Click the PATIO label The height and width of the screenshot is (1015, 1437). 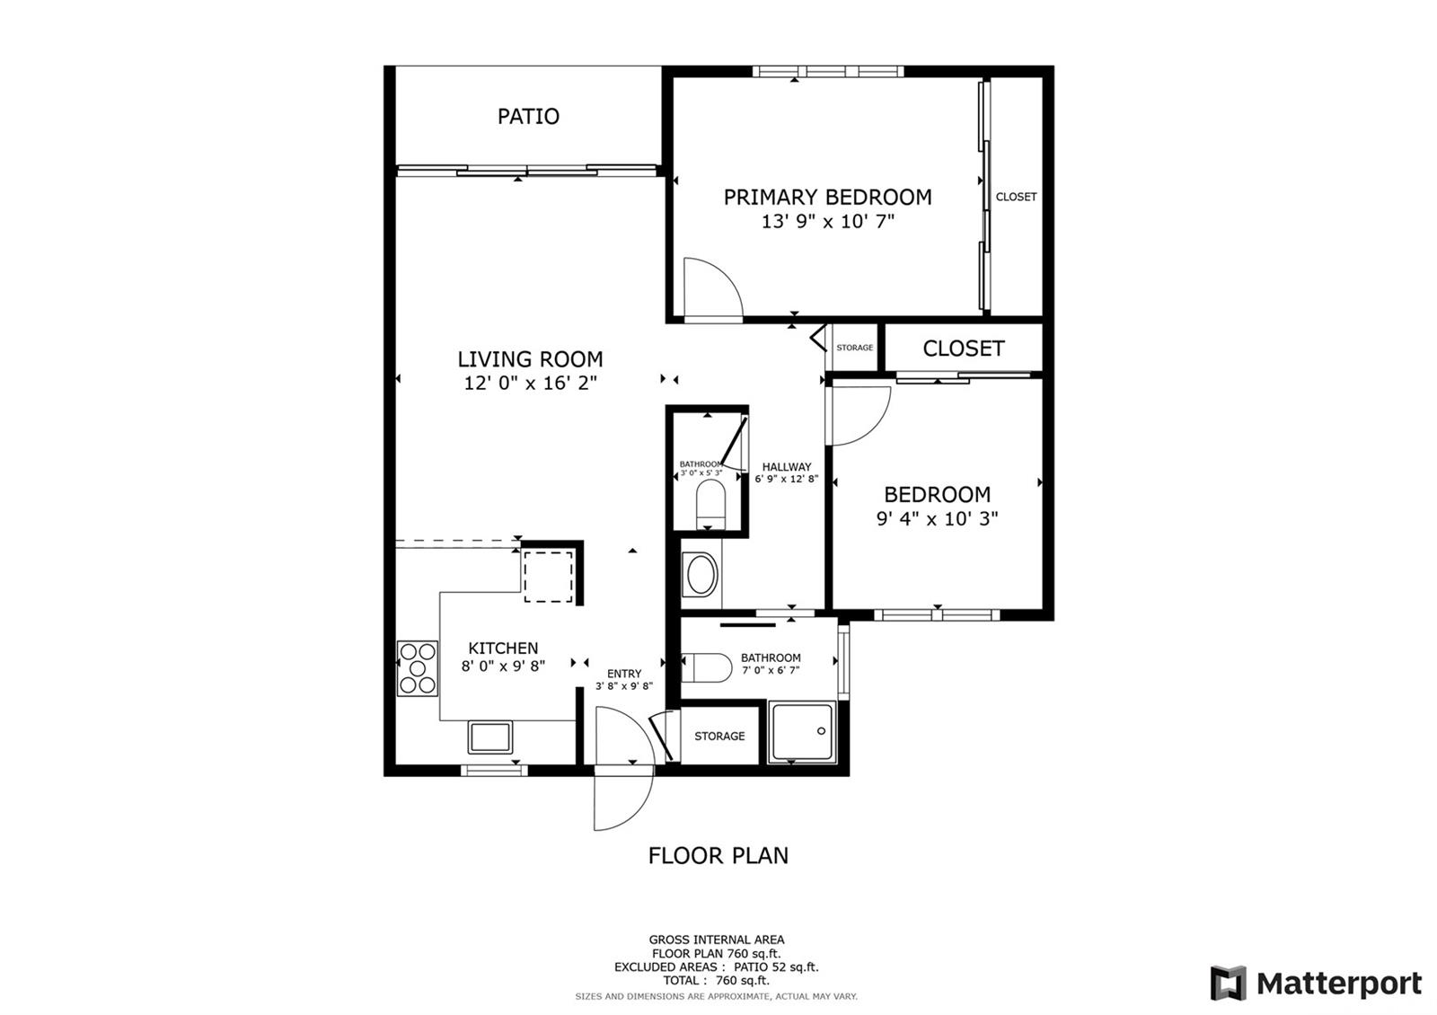coord(529,116)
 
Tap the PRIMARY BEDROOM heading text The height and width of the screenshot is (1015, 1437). coord(827,197)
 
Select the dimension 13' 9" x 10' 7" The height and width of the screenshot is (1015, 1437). coord(827,221)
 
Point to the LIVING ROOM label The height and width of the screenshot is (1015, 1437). coord(530,358)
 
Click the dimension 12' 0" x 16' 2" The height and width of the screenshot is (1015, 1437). coord(530,383)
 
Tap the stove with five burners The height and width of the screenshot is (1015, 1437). coord(417,668)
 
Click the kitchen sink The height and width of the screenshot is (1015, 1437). coord(490,737)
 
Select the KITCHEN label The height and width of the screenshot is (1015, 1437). coord(503,648)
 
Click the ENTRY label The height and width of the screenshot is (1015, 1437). coord(624,674)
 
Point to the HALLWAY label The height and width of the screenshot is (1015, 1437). coord(787,467)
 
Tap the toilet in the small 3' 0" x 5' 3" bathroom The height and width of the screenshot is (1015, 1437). coord(710,504)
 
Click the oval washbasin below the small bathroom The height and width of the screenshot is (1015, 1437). coord(701,574)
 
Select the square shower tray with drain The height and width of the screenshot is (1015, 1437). coord(803,732)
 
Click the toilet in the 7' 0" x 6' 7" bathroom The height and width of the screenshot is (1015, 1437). coord(706,668)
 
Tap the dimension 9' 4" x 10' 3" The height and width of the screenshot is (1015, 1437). coord(938,518)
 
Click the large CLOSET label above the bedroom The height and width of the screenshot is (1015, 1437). coord(963,349)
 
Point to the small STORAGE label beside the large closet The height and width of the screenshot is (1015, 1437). coord(854,347)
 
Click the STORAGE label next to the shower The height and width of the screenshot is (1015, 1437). coord(719,736)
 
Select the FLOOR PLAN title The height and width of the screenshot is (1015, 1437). coord(718,855)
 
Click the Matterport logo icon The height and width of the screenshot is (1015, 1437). coord(1228,983)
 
